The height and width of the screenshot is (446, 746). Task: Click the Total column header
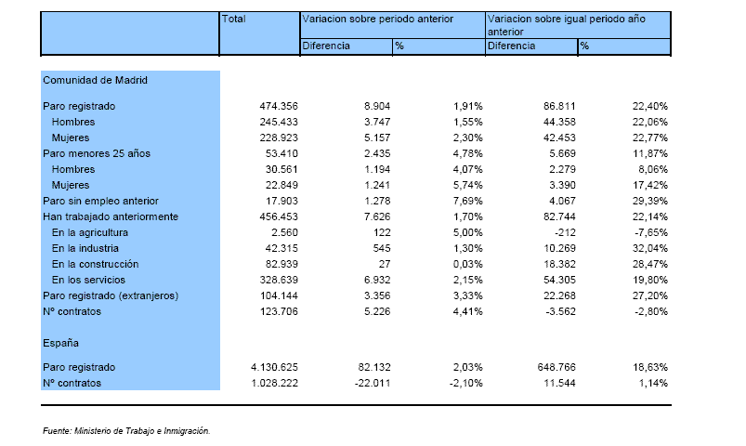(x=233, y=19)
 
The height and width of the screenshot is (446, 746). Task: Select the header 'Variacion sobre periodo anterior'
(x=378, y=19)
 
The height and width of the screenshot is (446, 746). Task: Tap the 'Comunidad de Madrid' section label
(x=95, y=80)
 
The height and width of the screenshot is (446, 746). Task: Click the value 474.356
(x=279, y=106)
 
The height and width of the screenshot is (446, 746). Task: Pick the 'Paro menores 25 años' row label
(x=97, y=153)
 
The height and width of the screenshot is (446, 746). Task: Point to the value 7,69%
(x=468, y=201)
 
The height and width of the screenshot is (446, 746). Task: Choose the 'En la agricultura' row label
(x=90, y=232)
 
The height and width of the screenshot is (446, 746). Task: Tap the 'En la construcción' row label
(x=95, y=264)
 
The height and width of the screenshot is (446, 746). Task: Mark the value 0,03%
(x=468, y=264)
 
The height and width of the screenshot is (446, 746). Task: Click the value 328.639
(x=279, y=280)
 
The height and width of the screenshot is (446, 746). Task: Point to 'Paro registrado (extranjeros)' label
(x=111, y=295)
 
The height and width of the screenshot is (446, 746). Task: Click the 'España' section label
(x=60, y=343)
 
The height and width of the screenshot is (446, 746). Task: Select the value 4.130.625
(x=274, y=367)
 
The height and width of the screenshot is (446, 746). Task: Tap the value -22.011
(x=373, y=383)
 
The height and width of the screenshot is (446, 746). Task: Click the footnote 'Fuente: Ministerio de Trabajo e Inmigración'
(x=126, y=431)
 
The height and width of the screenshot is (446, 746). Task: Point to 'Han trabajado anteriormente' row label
(x=111, y=216)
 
